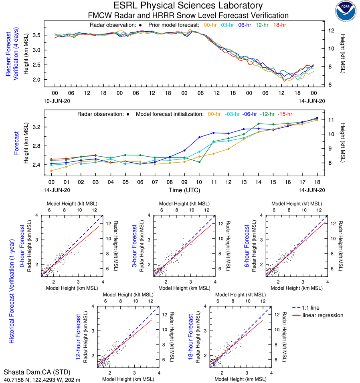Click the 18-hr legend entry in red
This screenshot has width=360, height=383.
point(279,25)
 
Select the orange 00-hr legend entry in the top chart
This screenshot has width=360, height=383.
point(210,25)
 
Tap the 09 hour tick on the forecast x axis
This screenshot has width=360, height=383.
point(184,181)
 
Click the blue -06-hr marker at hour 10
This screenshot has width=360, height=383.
point(199,137)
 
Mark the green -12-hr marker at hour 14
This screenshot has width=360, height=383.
point(259,123)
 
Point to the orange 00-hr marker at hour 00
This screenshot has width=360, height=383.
point(51,171)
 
